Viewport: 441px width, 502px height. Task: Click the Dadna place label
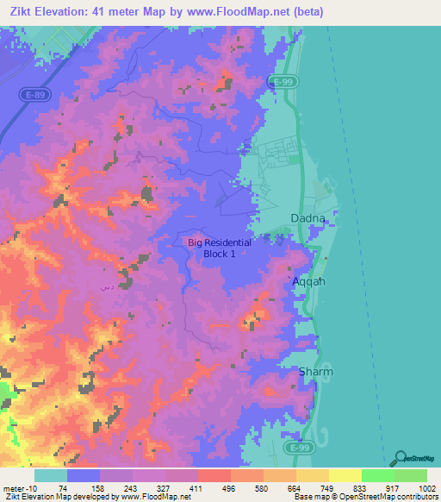pos(308,219)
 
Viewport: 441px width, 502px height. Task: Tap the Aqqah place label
pos(307,282)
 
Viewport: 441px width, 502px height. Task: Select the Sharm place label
pos(315,372)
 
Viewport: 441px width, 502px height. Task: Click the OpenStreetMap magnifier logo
pos(401,457)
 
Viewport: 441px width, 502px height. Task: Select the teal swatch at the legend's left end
pos(51,475)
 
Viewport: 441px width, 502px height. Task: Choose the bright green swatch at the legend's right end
pos(411,475)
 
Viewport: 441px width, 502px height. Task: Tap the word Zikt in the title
pos(25,11)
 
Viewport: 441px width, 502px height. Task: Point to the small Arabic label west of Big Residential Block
pos(106,286)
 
